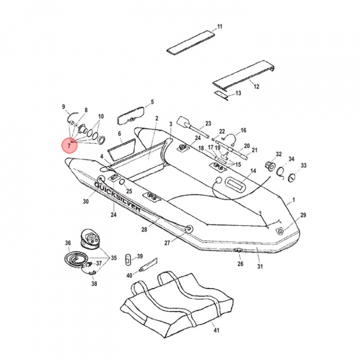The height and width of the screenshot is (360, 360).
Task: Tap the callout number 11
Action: (219, 26)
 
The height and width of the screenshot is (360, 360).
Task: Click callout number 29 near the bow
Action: (302, 215)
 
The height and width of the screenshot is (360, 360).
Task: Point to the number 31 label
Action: (260, 266)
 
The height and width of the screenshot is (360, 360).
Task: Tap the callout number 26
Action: (240, 263)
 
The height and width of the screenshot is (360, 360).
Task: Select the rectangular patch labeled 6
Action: (121, 148)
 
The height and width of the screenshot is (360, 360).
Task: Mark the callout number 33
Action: (303, 165)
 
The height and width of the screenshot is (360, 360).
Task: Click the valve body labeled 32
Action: (269, 165)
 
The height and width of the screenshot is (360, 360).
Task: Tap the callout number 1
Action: (293, 200)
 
